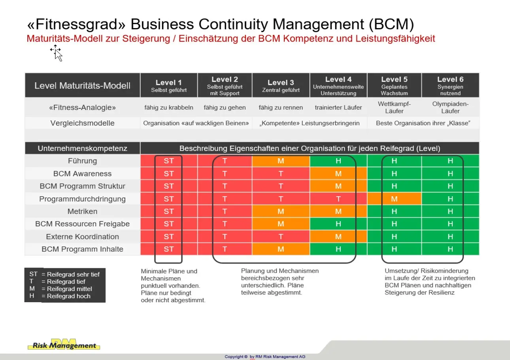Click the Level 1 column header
coord(169,85)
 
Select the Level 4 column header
coord(338,85)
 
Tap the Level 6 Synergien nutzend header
coord(450,85)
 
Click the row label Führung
coord(82,161)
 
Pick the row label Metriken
coord(82,211)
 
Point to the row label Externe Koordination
coord(82,237)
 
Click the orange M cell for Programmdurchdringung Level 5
coord(394,199)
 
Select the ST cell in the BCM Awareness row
coord(169,174)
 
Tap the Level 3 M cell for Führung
coord(281,161)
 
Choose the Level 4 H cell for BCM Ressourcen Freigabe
coord(338,224)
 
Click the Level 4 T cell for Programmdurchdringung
coord(338,199)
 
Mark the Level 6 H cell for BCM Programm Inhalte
coord(450,249)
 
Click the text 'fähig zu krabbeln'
coord(169,107)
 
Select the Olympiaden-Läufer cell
coord(450,107)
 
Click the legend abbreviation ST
coord(33,274)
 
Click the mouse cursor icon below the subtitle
coord(57,53)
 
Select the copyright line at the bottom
coord(265,356)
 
